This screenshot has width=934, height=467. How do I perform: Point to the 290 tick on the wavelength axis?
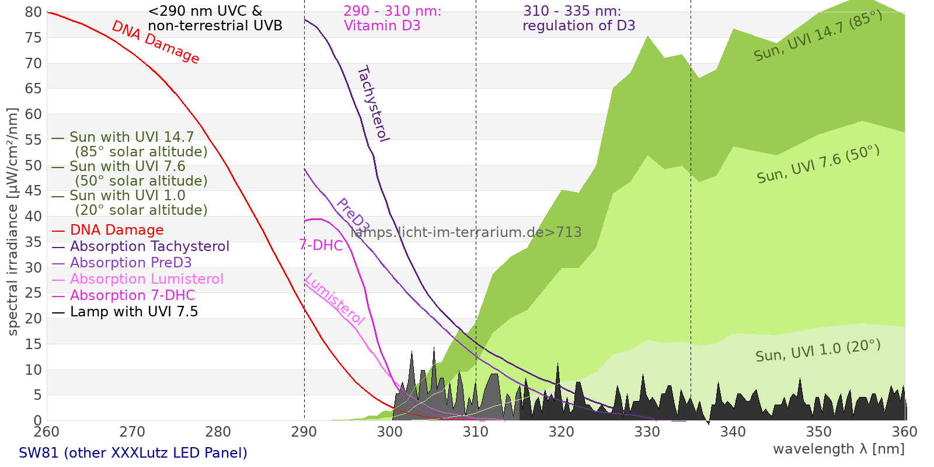[x=304, y=432]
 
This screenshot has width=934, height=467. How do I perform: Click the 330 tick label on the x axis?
[x=647, y=432]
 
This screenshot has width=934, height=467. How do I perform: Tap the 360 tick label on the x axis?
[x=905, y=432]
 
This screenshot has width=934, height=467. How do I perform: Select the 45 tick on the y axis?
[x=33, y=191]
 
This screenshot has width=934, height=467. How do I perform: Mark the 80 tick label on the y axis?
[x=33, y=12]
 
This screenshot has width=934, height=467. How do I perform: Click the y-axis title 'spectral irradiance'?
[x=13, y=222]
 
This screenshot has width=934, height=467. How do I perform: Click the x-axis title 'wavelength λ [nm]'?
[x=838, y=449]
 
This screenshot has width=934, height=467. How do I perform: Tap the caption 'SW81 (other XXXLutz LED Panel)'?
[x=133, y=453]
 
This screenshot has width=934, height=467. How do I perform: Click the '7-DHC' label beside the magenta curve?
[x=321, y=245]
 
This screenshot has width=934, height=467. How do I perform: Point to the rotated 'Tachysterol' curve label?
[x=373, y=104]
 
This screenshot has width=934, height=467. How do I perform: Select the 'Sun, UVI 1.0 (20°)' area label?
[x=817, y=351]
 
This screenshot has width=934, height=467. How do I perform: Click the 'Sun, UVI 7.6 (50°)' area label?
[x=818, y=165]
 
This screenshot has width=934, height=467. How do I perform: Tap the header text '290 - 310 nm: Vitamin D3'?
[x=392, y=19]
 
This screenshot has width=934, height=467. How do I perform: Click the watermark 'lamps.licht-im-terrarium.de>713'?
[x=466, y=232]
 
